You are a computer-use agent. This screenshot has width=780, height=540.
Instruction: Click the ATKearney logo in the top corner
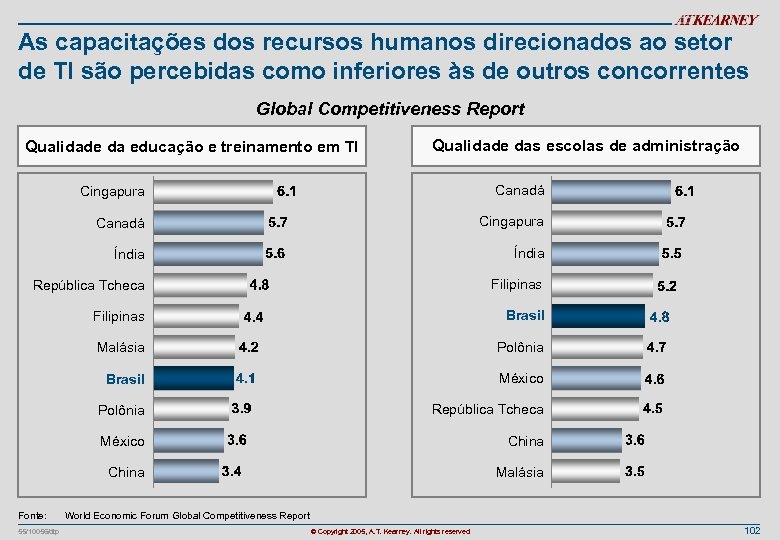(716, 20)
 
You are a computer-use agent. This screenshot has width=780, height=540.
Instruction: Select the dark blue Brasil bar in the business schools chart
(597, 316)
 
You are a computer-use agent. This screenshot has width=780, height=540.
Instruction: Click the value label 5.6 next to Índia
(275, 254)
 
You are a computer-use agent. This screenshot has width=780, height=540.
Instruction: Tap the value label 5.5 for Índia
(671, 254)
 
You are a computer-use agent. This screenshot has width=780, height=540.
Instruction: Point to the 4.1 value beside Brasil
(246, 379)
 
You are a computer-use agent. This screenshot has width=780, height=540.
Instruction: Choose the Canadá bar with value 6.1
(609, 190)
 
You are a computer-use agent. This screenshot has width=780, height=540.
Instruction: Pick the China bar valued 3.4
(186, 471)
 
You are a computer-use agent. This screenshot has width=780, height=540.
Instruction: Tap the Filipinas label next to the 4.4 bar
(120, 316)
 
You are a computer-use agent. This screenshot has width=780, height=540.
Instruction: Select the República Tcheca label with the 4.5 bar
(487, 409)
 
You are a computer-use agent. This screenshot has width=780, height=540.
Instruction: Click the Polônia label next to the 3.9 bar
(121, 410)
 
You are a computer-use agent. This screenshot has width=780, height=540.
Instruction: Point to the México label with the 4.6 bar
(521, 378)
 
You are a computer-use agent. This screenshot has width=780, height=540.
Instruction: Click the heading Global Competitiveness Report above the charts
(390, 109)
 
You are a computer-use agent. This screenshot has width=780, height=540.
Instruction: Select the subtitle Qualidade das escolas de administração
(585, 146)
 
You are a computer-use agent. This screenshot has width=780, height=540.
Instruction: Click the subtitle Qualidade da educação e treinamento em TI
(191, 148)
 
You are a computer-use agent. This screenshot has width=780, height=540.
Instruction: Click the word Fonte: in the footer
(33, 516)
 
